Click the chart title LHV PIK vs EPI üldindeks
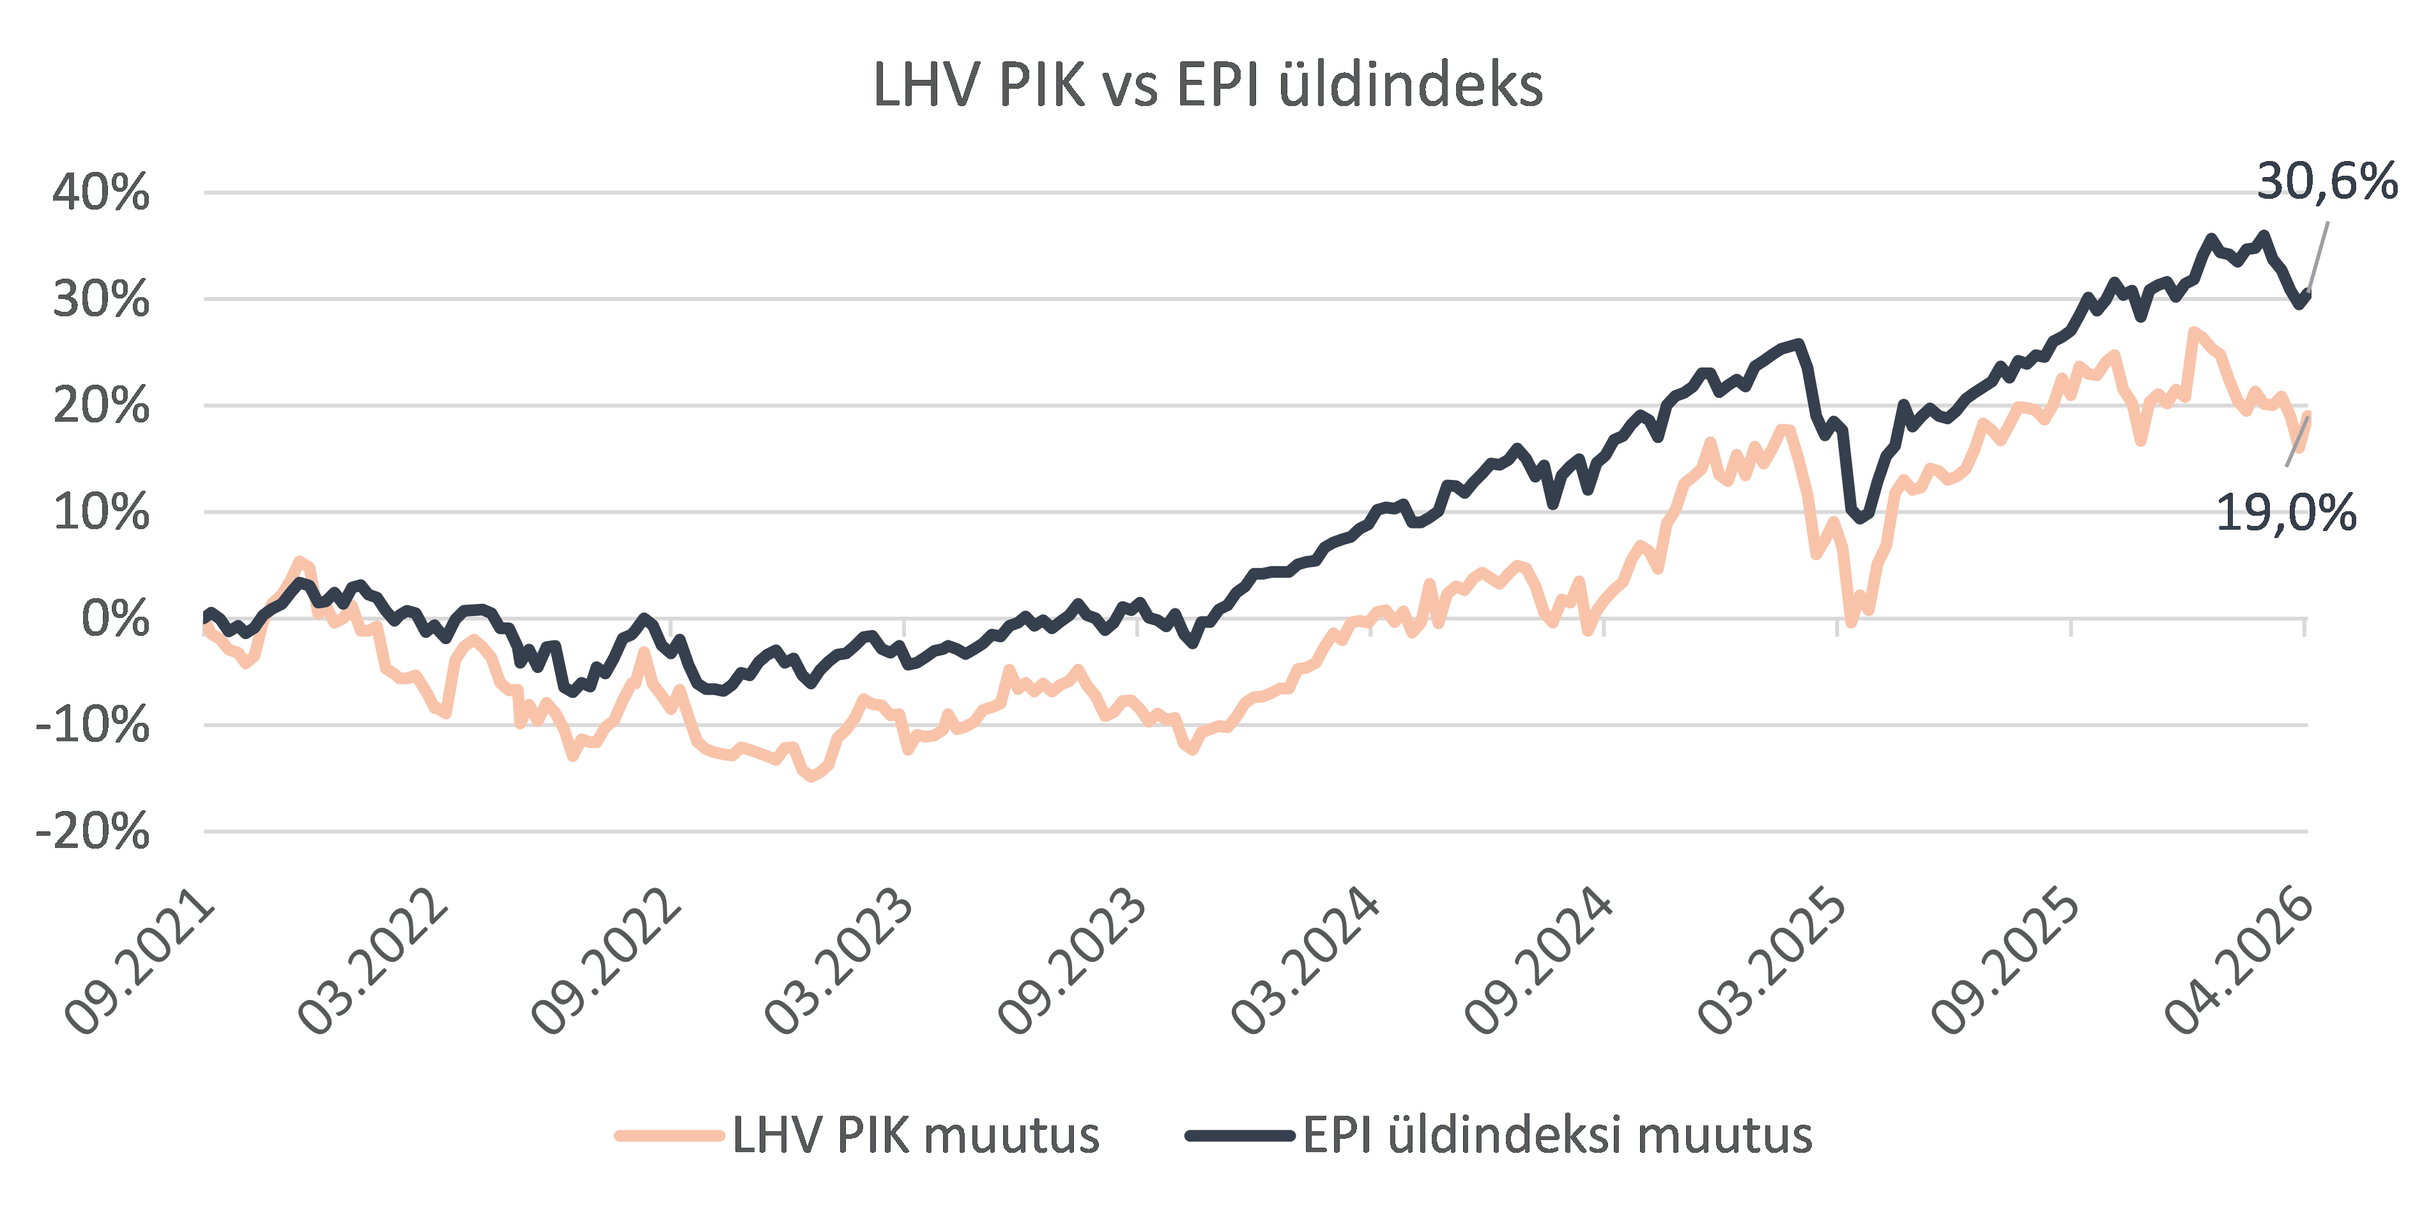[x=1207, y=86]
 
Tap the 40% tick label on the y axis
[x=101, y=192]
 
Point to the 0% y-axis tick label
[x=115, y=619]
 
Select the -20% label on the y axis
[x=93, y=831]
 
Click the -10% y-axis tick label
[x=93, y=725]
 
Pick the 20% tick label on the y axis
[x=101, y=406]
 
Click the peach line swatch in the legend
[x=670, y=1136]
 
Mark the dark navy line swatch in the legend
[x=1240, y=1136]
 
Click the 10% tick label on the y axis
[x=101, y=513]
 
